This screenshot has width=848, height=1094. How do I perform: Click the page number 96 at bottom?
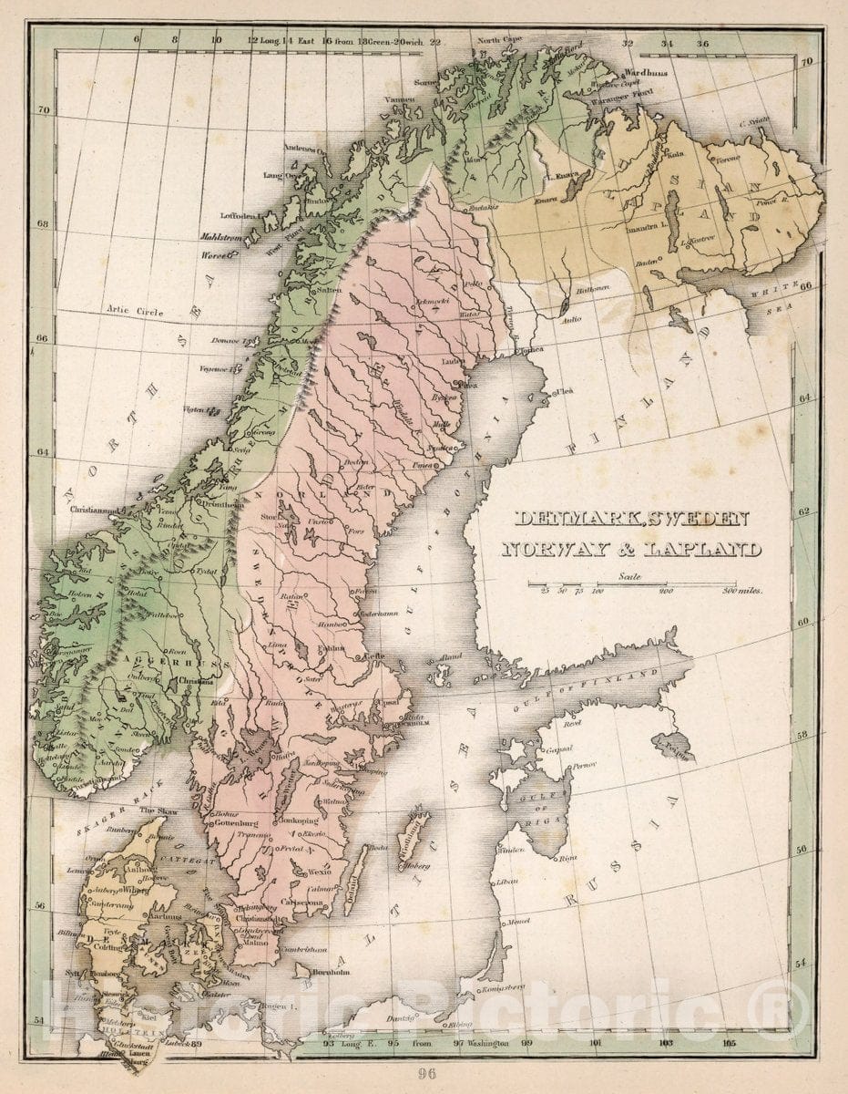click(425, 1073)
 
